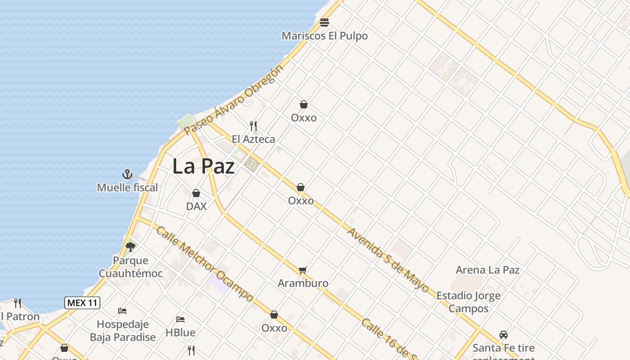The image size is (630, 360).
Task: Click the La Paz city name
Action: [x=203, y=166]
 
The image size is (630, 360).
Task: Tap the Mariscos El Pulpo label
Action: [x=324, y=36]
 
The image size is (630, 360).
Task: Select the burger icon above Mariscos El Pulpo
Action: [x=324, y=22]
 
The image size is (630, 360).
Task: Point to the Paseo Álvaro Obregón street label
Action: [x=234, y=99]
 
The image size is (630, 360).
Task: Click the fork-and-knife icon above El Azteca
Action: [x=253, y=126]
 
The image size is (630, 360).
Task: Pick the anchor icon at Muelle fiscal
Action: [x=127, y=174]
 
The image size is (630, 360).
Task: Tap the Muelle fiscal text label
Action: [x=127, y=187]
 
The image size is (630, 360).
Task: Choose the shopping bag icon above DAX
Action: [x=196, y=193]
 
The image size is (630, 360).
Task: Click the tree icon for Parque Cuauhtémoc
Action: [x=130, y=247]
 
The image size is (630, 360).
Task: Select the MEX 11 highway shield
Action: [x=82, y=303]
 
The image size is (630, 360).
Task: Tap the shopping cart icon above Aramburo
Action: [x=302, y=270]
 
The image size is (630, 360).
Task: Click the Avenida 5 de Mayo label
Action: [x=388, y=260]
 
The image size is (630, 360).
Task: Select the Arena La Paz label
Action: [x=487, y=270]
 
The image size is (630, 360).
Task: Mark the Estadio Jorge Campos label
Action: [x=468, y=302]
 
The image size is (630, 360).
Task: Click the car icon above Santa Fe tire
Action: [x=504, y=335]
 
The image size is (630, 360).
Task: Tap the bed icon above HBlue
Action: [x=180, y=319]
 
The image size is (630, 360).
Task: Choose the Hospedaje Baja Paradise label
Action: [x=122, y=330]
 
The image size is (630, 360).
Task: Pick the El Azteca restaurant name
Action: [x=253, y=139]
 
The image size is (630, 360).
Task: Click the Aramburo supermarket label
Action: [x=303, y=283]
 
